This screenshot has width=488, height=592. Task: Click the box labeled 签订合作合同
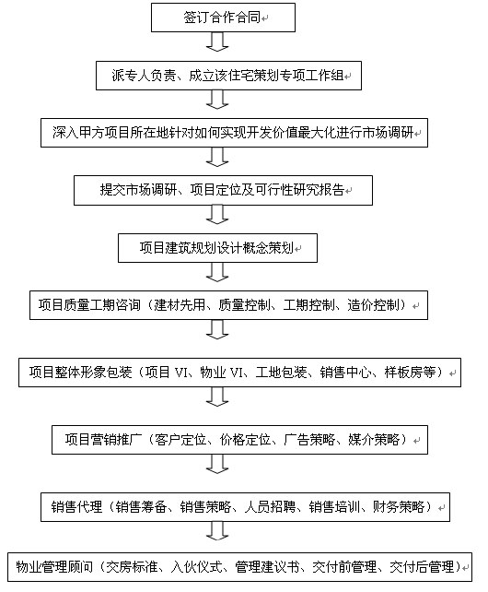point(223,18)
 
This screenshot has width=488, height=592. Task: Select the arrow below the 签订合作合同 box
point(217,41)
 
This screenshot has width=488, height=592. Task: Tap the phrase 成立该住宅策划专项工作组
point(266,76)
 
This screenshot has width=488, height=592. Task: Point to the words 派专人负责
point(144,76)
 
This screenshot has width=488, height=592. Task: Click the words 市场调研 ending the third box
point(388,133)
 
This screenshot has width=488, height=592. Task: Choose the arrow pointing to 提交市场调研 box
point(217,157)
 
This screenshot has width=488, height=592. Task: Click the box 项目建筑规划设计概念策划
point(217,248)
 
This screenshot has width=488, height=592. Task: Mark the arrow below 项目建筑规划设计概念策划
point(217,272)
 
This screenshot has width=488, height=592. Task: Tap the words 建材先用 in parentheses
point(180,305)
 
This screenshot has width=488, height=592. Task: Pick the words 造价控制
point(373,305)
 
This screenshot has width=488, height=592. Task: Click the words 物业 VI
point(222,373)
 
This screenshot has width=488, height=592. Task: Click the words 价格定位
point(246,440)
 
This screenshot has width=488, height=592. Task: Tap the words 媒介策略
point(374,440)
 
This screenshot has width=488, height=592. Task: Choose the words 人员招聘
point(270,507)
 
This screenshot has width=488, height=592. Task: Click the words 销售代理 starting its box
point(76,507)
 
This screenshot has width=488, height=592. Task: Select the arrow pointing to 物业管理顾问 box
point(217,531)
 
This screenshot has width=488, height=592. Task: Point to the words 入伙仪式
point(196,567)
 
